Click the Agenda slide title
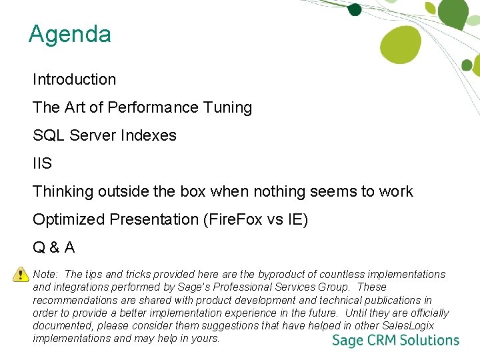69,34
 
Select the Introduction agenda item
74,79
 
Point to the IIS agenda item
42,163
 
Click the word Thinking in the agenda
63,192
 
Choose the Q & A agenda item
53,248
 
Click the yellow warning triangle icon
18,273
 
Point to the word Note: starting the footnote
45,274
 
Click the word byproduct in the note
283,274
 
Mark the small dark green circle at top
355,9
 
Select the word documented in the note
62,325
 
